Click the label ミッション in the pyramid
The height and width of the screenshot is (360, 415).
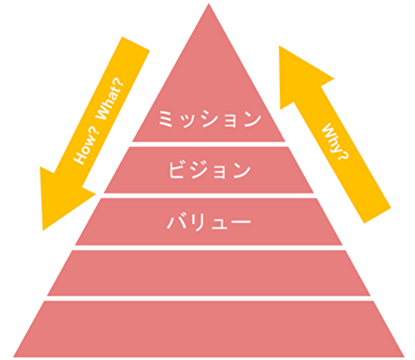pos(209,119)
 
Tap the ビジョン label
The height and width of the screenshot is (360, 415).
pos(209,170)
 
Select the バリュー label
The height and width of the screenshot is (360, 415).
pos(209,221)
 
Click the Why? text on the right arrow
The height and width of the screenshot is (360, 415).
pos(336,141)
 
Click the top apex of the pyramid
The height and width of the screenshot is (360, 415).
pos(208,4)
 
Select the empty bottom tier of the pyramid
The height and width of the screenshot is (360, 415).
pos(208,329)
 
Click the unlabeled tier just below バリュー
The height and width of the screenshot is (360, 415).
pos(208,273)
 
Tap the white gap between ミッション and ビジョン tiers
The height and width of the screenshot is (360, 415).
pos(208,144)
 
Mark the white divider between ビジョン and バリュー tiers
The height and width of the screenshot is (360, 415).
pos(208,196)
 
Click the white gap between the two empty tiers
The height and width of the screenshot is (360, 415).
pos(208,298)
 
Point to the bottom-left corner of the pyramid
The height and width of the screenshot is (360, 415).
pos(13,357)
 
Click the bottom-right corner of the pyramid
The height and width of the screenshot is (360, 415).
pos(404,357)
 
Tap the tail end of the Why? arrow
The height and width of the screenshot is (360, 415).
pos(378,215)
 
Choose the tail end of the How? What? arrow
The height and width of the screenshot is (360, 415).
pos(136,43)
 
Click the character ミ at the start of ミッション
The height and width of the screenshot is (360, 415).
pos(166,119)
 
